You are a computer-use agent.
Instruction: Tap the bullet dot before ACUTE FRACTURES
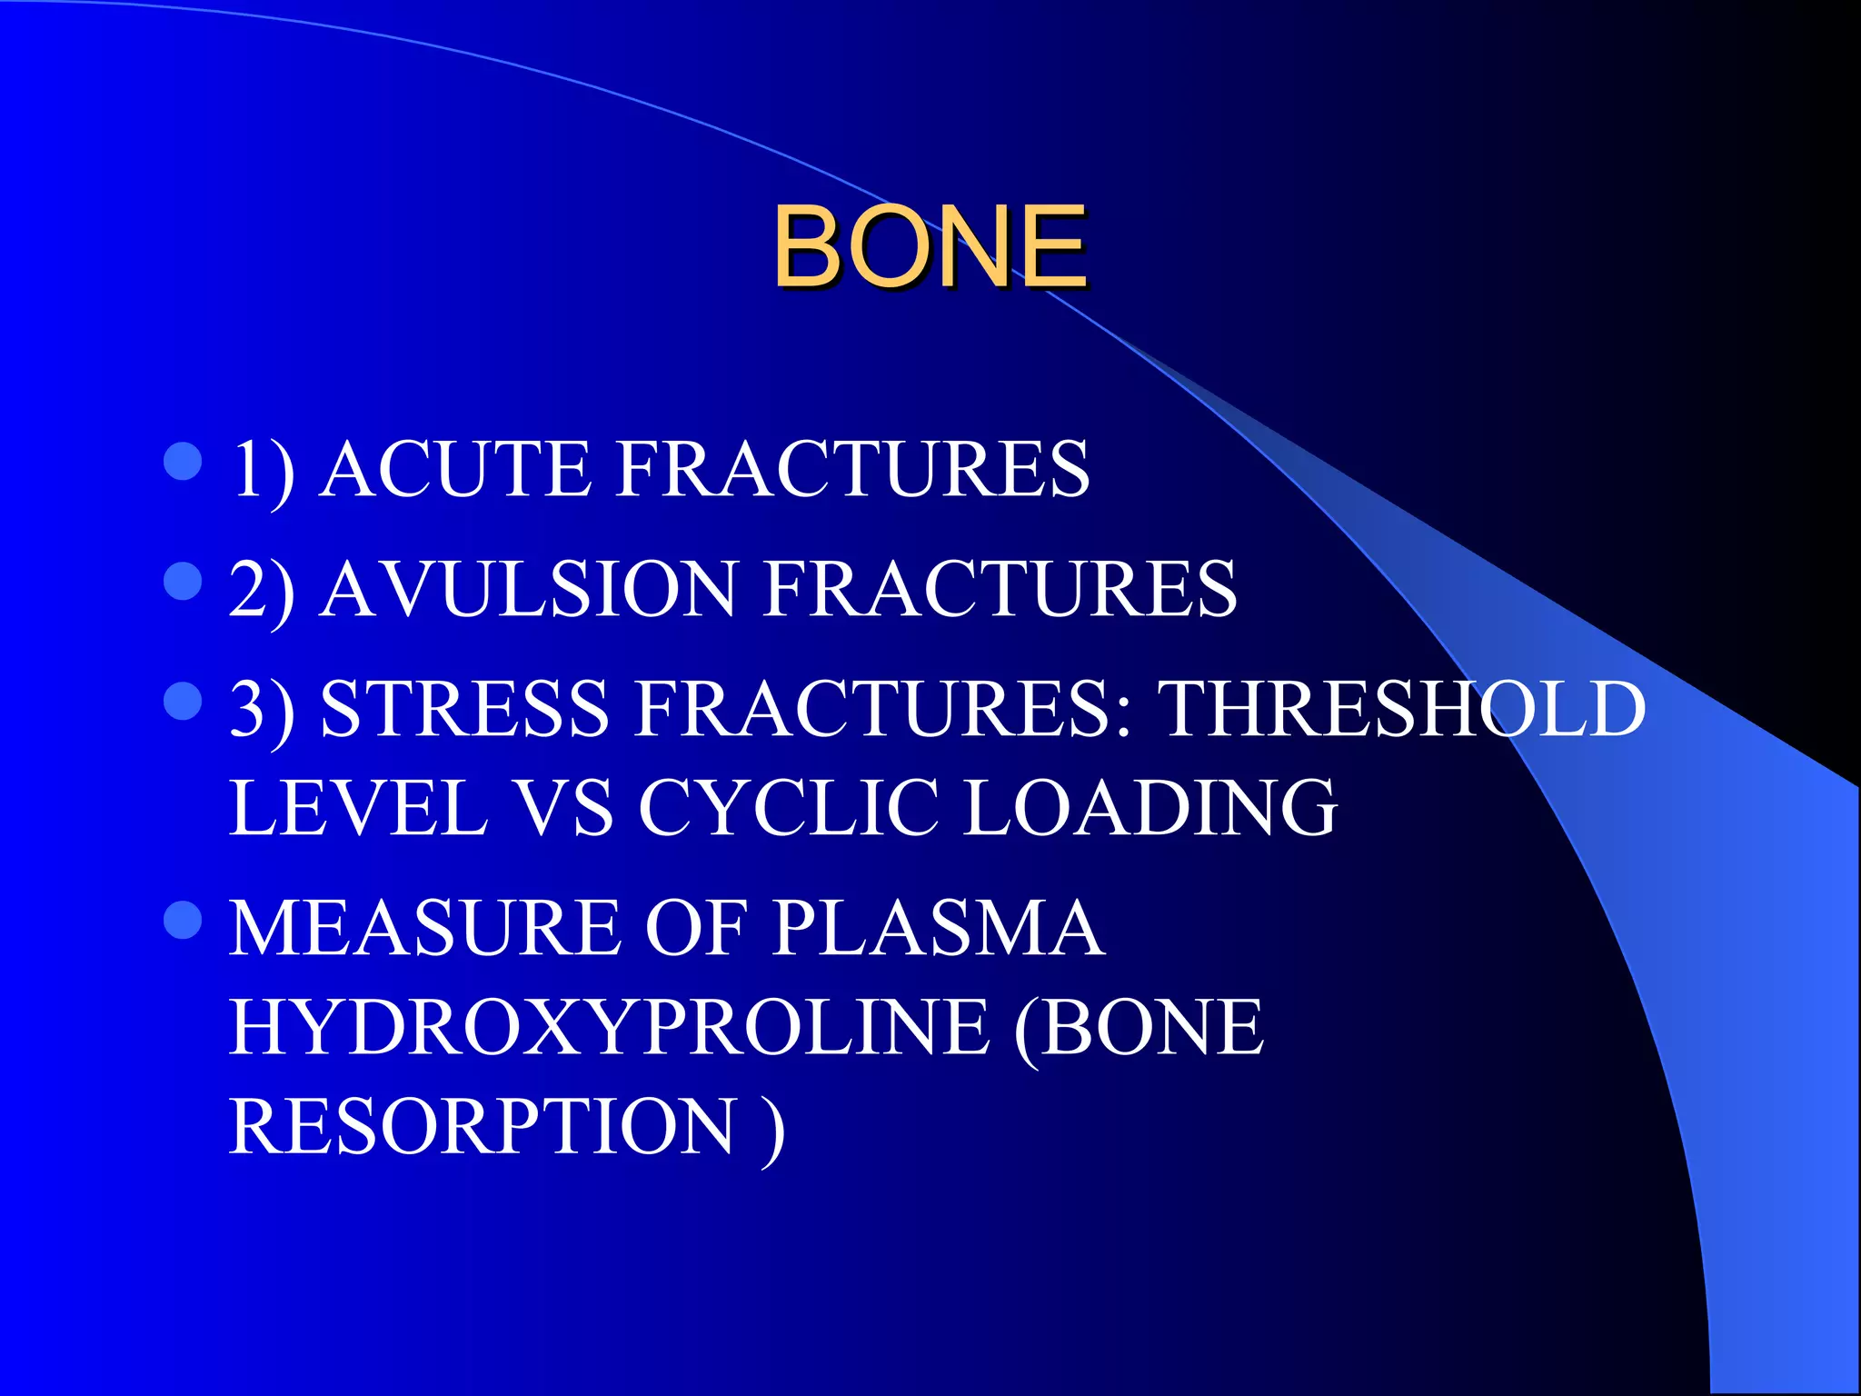coord(183,462)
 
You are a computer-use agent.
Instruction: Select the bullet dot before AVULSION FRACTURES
coord(183,582)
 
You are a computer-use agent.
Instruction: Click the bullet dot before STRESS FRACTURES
coord(183,702)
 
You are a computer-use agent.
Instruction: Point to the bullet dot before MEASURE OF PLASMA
coord(183,920)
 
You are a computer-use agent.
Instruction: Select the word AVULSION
coord(528,589)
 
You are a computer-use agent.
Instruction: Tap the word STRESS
coord(464,709)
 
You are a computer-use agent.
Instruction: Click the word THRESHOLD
coord(1402,709)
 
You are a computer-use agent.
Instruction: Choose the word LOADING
coord(1149,807)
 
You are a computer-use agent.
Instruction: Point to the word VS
coord(563,807)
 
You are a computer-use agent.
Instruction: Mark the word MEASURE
coord(424,928)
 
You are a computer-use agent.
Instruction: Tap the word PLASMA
coord(939,928)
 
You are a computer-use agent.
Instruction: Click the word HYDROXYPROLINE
coord(609,1027)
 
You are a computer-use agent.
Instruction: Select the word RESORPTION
coord(482,1127)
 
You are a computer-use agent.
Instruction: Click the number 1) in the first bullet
coord(263,471)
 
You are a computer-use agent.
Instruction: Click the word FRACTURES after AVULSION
coord(1000,589)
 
